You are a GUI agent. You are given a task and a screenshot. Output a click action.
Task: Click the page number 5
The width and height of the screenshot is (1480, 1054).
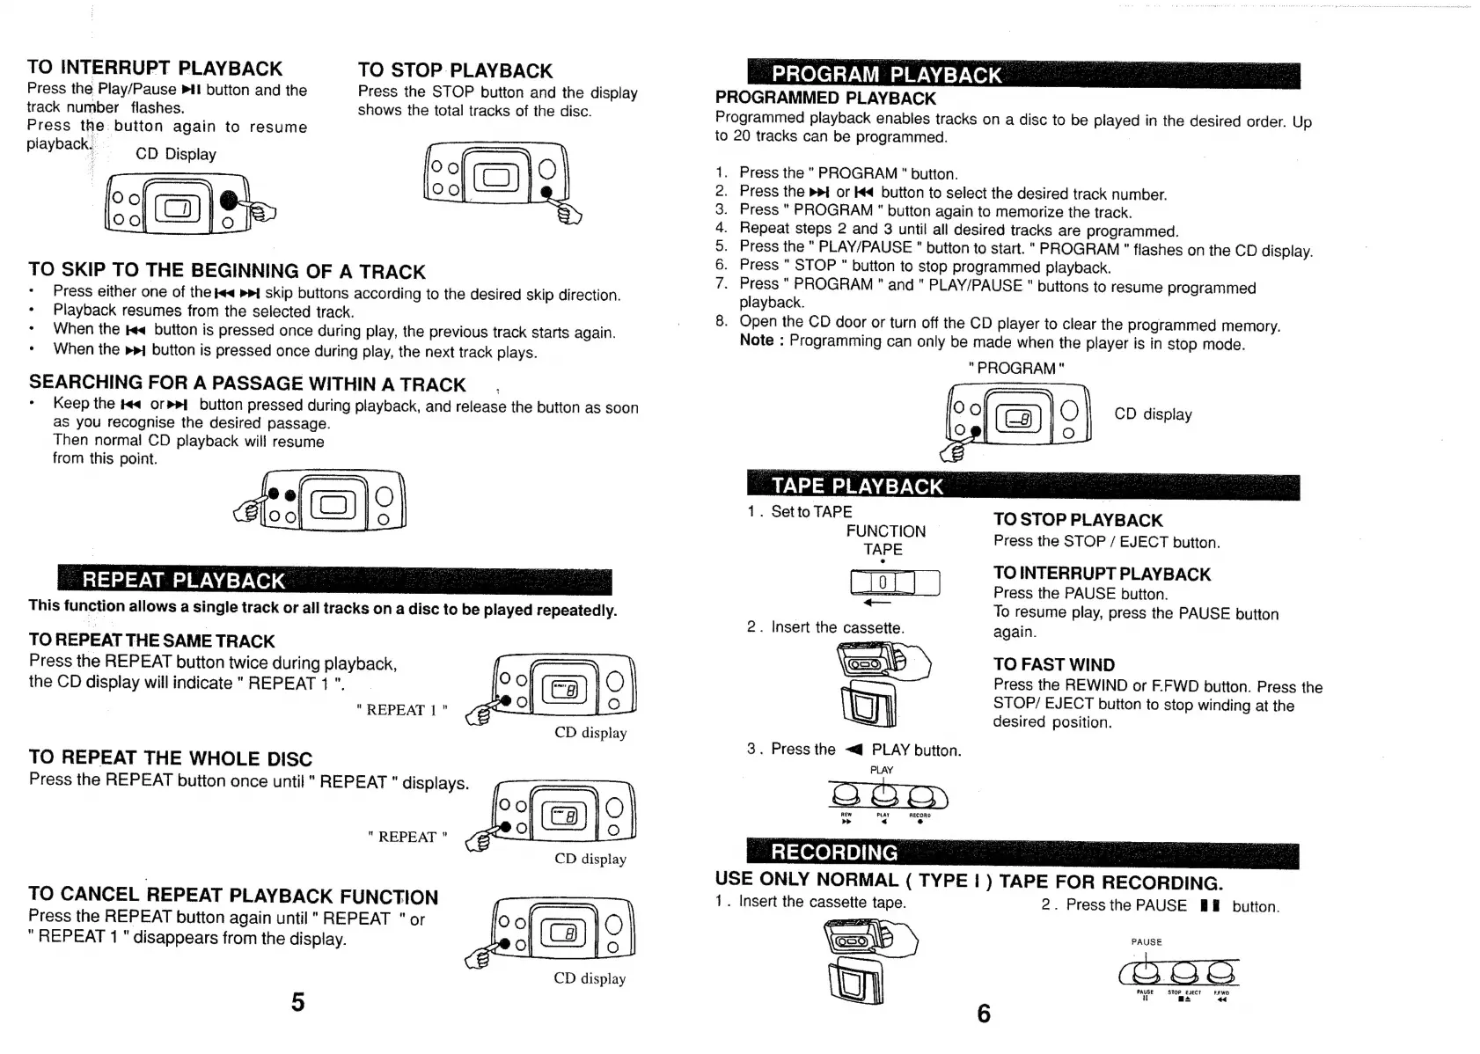pyautogui.click(x=298, y=1002)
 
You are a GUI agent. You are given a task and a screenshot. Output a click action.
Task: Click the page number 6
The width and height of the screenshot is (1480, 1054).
pyautogui.click(x=984, y=1014)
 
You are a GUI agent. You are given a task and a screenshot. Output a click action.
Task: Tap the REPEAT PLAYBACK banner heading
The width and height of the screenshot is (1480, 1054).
pyautogui.click(x=184, y=581)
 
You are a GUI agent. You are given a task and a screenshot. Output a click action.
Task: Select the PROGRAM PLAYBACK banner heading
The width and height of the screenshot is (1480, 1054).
pyautogui.click(x=887, y=75)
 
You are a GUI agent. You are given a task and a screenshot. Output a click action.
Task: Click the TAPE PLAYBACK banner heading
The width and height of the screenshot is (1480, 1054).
pyautogui.click(x=857, y=487)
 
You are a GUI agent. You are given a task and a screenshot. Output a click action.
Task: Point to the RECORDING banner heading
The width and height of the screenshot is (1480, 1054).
pyautogui.click(x=834, y=853)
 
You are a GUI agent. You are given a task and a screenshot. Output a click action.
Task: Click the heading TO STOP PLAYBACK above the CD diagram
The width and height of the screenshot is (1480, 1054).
pyautogui.click(x=455, y=70)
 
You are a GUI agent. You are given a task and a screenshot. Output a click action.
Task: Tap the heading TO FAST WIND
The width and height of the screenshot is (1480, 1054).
pyautogui.click(x=1053, y=665)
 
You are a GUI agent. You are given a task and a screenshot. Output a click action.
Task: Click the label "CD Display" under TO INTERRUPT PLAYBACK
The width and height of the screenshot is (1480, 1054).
pyautogui.click(x=176, y=154)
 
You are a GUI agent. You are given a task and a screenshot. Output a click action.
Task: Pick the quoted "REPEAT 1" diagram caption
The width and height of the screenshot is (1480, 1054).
pyautogui.click(x=402, y=710)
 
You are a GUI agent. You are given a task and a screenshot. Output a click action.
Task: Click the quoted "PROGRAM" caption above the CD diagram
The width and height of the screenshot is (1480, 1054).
pyautogui.click(x=1016, y=369)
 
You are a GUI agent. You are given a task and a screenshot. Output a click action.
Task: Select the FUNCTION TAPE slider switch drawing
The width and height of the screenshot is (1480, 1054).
pyautogui.click(x=895, y=582)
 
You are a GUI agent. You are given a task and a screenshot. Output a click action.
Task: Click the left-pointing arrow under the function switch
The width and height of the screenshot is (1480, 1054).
pyautogui.click(x=877, y=604)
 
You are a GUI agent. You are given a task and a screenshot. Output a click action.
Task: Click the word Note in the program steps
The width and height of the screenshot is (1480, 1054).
pyautogui.click(x=757, y=340)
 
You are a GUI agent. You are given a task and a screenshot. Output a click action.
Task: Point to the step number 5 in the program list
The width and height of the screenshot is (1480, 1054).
pyautogui.click(x=721, y=246)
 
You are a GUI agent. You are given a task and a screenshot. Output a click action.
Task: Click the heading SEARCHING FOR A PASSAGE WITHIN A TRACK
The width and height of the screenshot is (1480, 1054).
pyautogui.click(x=247, y=384)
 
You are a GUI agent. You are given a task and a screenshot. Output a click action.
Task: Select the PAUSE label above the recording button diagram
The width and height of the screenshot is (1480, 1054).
pyautogui.click(x=1147, y=942)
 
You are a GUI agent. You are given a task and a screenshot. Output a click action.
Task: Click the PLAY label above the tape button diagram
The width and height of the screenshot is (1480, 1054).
pyautogui.click(x=882, y=771)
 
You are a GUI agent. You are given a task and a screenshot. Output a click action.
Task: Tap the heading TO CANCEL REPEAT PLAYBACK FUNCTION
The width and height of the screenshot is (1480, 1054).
pyautogui.click(x=233, y=896)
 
